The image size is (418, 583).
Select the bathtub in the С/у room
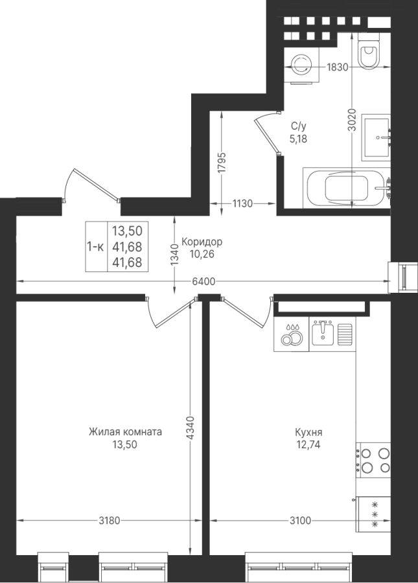(x=347, y=189)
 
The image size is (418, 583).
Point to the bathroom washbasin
(x=377, y=137)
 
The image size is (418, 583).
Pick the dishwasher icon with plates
(x=292, y=334)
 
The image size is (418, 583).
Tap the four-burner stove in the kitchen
(x=373, y=459)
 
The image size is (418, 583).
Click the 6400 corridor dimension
(x=203, y=282)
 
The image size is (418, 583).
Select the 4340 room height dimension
(x=190, y=428)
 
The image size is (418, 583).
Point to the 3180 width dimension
(x=110, y=521)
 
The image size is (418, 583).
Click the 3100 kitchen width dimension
(x=300, y=521)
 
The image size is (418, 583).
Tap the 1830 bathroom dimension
(x=337, y=67)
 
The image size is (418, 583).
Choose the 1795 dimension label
(x=222, y=163)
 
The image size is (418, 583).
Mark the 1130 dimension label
(x=242, y=203)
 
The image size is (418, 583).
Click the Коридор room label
(x=202, y=242)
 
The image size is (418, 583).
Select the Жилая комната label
(x=125, y=431)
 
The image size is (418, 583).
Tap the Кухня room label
(x=308, y=433)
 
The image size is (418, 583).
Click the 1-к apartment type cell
(x=96, y=247)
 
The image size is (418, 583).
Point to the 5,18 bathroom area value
(x=299, y=139)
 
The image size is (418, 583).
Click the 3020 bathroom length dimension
(x=352, y=120)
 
